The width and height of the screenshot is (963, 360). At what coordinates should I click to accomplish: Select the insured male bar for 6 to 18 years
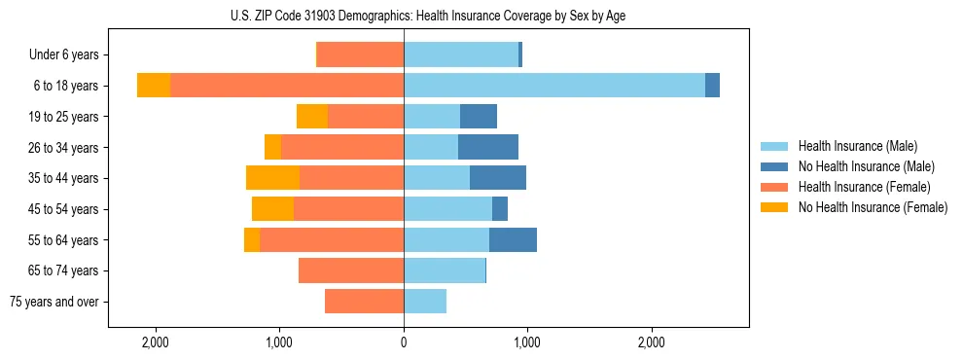[x=554, y=86]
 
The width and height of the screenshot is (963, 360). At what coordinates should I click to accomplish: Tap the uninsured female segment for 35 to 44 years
[x=272, y=178]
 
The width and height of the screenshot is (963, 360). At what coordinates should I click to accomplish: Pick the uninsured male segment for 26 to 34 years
[x=488, y=147]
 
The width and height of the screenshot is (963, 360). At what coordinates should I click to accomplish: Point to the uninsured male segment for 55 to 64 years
[x=513, y=239]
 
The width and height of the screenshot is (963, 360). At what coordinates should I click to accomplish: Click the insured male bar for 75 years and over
[x=425, y=302]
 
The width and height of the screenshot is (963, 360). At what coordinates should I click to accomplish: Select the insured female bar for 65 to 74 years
[x=351, y=270]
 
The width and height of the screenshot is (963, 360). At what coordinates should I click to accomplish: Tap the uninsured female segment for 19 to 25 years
[x=312, y=117]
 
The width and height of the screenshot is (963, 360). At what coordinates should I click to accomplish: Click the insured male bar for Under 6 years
[x=461, y=54]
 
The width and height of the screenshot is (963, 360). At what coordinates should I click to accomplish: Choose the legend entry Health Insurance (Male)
[x=857, y=146]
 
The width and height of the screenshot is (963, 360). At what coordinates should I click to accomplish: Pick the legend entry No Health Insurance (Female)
[x=873, y=207]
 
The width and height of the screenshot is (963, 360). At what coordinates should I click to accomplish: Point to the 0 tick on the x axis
[x=404, y=342]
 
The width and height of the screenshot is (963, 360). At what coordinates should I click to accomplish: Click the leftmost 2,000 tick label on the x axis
[x=156, y=342]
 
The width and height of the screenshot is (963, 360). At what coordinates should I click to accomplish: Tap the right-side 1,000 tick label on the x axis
[x=527, y=342]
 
